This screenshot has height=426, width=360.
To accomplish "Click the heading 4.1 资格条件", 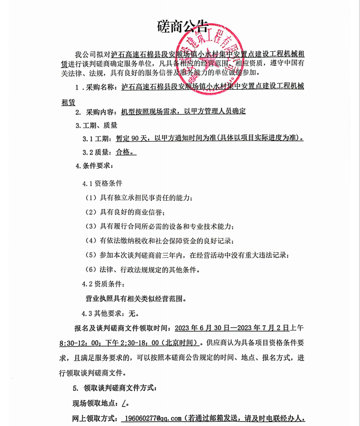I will pos(102,183).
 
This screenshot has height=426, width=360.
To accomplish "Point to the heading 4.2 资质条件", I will pos(103,284).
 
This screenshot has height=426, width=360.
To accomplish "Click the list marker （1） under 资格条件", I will pos(91,198).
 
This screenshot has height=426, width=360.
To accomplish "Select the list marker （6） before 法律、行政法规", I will pos(91,270).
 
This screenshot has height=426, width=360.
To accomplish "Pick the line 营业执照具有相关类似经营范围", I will pos(136,299).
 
